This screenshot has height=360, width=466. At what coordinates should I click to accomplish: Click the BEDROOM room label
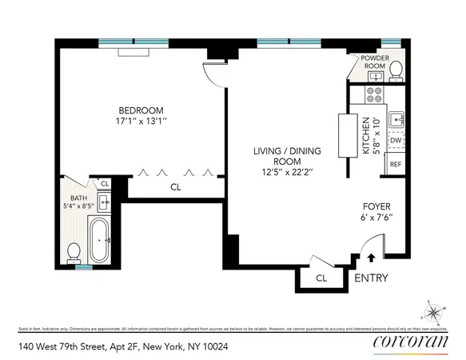pos(141,110)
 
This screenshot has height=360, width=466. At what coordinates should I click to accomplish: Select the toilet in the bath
pos(74,251)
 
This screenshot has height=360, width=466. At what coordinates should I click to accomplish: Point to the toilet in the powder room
pos(395,73)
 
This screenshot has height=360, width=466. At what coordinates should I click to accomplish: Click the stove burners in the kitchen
pos(373,95)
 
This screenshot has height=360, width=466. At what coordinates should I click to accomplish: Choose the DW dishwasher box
pos(395,140)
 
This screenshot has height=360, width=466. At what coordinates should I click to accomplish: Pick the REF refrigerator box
pos(395,163)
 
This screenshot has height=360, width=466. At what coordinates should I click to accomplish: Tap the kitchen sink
pos(396,120)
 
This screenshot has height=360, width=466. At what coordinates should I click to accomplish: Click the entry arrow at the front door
pos(371,258)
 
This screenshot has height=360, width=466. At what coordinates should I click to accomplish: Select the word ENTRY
pos(372,278)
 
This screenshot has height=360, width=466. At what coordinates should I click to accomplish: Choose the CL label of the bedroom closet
pos(175,187)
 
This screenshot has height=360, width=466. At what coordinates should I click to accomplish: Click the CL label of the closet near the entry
pos(321,278)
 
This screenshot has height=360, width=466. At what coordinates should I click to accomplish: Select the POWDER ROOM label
pos(375,62)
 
